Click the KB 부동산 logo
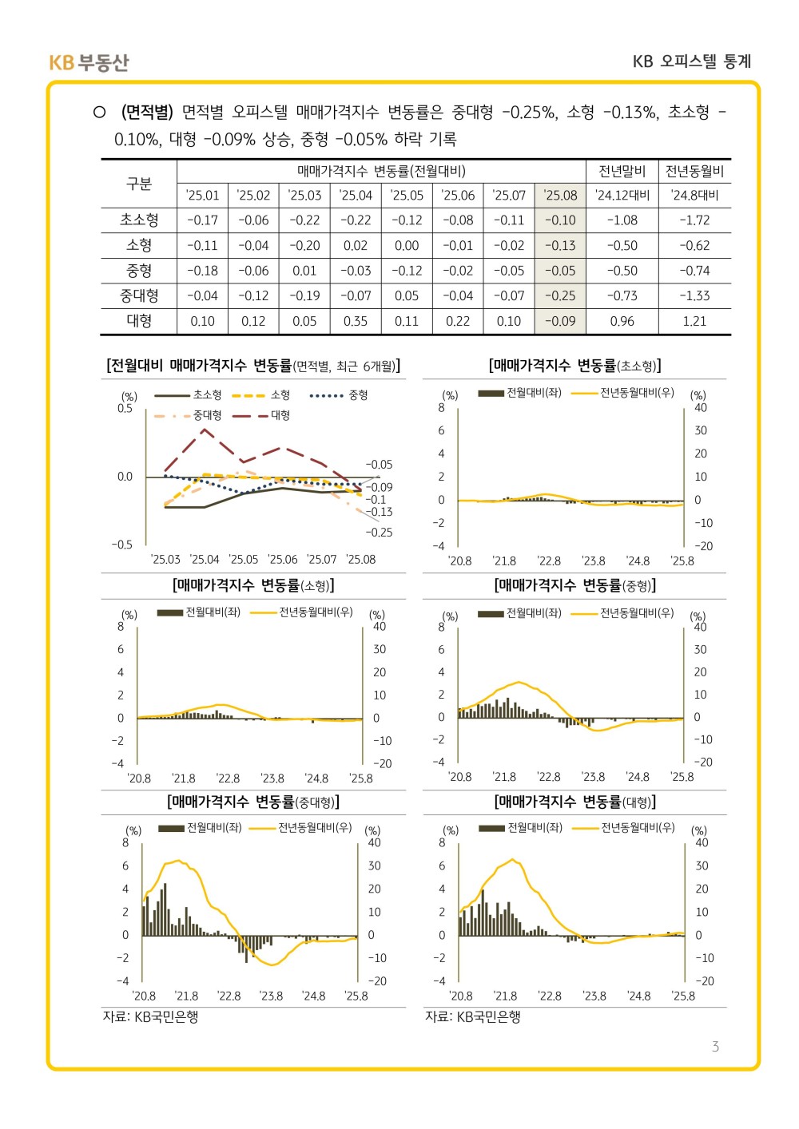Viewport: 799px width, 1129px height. [x=89, y=62]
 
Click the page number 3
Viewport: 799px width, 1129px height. [x=715, y=1047]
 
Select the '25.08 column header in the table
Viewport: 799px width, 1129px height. [x=560, y=196]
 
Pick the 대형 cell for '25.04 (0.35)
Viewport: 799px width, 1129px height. [x=355, y=322]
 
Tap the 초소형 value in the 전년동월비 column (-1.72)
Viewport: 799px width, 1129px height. [x=694, y=220]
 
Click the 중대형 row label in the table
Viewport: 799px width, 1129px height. [x=139, y=296]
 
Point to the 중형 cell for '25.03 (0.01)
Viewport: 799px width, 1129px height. [x=304, y=271]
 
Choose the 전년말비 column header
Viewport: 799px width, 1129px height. [x=622, y=172]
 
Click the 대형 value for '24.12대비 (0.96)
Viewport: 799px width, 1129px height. [x=622, y=322]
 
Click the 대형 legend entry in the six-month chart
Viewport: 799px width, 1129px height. [x=261, y=415]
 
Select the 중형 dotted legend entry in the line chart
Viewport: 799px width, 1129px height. [x=339, y=395]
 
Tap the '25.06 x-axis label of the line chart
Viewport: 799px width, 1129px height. [x=283, y=560]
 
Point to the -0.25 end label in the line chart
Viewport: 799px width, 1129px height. [x=379, y=533]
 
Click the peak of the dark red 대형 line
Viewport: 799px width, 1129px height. [x=205, y=429]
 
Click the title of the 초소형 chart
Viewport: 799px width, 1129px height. [x=574, y=366]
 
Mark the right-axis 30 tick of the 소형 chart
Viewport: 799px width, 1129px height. [x=380, y=649]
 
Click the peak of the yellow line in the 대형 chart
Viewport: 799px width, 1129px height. [x=512, y=859]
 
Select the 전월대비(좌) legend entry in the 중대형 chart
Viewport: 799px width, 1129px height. [x=200, y=828]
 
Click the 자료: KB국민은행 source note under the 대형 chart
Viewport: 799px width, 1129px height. [x=472, y=1016]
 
